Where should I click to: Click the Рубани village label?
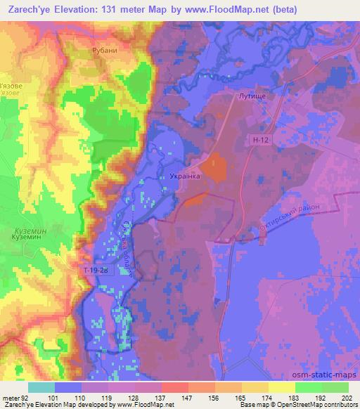click(x=103, y=52)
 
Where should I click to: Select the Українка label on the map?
click(x=186, y=178)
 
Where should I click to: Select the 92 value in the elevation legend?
click(x=27, y=398)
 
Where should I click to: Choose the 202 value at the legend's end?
click(x=345, y=398)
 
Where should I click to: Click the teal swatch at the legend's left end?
click(x=41, y=387)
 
